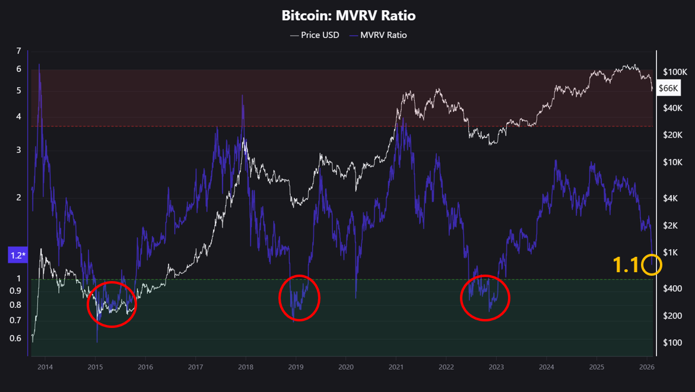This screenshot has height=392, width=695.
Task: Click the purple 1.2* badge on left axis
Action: tap(18, 256)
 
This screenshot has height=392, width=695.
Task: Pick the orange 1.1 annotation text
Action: tap(626, 265)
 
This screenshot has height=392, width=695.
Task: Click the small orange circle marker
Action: tap(652, 265)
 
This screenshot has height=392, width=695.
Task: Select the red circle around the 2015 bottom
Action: tap(112, 304)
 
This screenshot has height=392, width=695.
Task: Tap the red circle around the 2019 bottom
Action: tap(299, 298)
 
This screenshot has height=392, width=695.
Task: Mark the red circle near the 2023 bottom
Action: tap(485, 298)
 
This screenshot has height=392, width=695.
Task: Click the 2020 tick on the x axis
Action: tap(346, 367)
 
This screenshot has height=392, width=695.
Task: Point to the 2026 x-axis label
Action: tap(647, 367)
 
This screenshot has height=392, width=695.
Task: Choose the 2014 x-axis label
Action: tap(45, 367)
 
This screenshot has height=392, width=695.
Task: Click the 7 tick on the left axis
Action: tap(19, 51)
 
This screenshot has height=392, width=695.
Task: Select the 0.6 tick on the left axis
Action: tap(15, 339)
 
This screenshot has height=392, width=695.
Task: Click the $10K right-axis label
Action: tap(674, 162)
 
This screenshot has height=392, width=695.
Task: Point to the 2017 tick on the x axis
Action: tap(196, 367)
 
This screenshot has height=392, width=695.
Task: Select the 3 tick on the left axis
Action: tap(19, 150)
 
